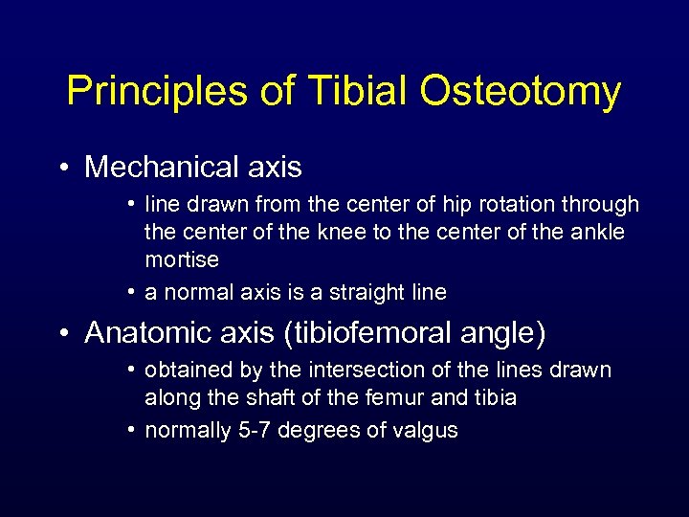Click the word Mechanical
(x=162, y=168)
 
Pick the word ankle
(x=598, y=233)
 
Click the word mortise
(x=182, y=260)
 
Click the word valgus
(x=425, y=431)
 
